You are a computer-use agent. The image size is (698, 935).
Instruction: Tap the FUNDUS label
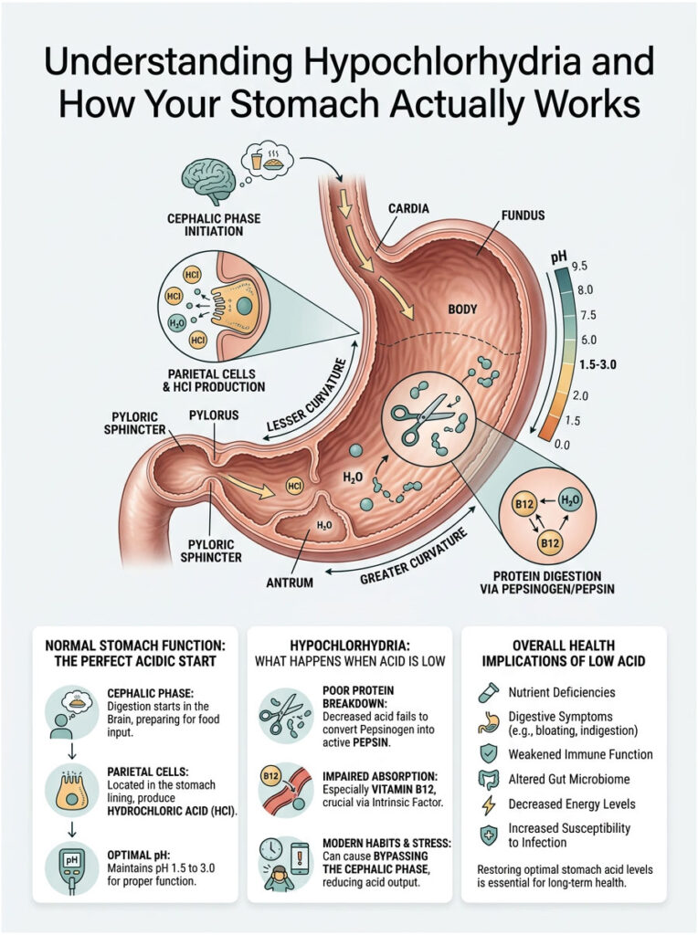coord(523,215)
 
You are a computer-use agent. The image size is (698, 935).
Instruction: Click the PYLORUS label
coord(215,415)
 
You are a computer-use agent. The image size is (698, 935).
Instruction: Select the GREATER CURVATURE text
coord(413,558)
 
